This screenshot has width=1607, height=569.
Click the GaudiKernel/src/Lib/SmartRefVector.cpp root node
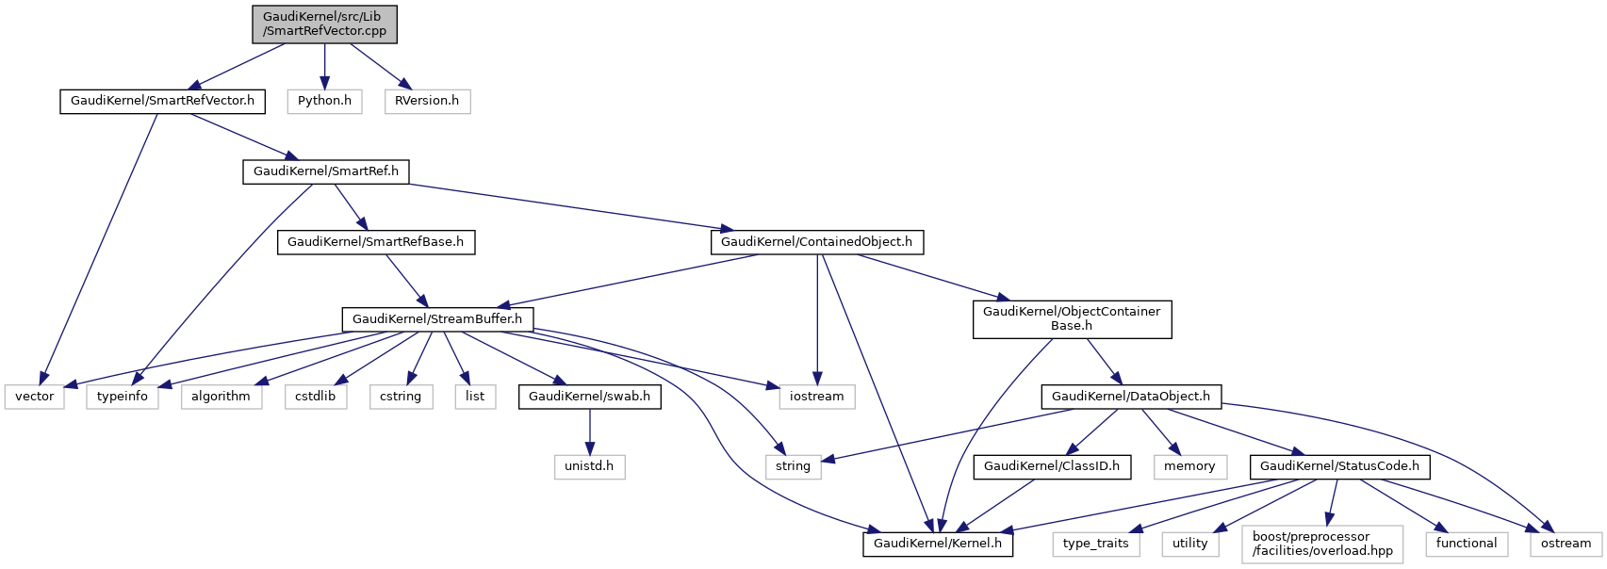(x=324, y=24)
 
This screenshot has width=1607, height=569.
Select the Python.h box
(x=324, y=101)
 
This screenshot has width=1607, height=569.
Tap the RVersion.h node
(x=427, y=101)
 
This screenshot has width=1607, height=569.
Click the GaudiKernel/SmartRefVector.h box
(x=162, y=101)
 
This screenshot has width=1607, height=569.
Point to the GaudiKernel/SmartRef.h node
(x=326, y=171)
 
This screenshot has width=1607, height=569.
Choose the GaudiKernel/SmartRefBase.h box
(x=375, y=242)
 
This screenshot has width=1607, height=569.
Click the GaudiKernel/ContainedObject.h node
(x=816, y=242)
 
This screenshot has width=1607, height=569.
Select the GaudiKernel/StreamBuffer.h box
(x=437, y=319)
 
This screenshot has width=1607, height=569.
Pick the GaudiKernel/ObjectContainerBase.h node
(x=1072, y=319)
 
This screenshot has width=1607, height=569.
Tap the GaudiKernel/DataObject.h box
(x=1130, y=397)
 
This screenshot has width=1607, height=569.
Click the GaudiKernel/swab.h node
(x=589, y=397)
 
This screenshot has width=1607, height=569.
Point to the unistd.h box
(x=589, y=466)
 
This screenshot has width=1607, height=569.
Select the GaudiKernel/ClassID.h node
(x=1052, y=466)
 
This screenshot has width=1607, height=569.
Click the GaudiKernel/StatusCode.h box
(x=1339, y=466)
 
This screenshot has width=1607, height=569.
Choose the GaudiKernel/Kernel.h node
(x=938, y=544)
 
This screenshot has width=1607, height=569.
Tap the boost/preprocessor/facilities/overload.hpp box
(x=1322, y=544)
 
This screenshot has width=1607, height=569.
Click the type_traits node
(x=1095, y=544)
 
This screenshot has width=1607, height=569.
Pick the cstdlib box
(x=316, y=397)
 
